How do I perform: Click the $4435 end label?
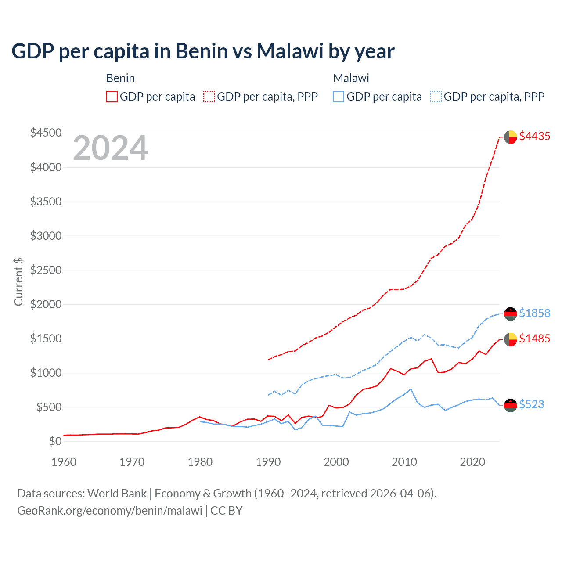click(534, 137)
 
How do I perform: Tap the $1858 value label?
click(534, 313)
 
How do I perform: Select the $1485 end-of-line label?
click(534, 339)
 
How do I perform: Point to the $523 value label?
click(531, 404)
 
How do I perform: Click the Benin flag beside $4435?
click(510, 137)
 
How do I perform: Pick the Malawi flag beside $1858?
click(510, 313)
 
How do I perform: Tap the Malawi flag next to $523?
click(510, 405)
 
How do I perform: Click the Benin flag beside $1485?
click(510, 339)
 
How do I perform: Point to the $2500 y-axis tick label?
click(46, 270)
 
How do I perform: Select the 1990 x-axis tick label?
click(268, 462)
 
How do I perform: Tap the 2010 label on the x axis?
click(404, 462)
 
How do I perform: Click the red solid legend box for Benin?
click(112, 97)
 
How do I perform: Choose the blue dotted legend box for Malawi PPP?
click(436, 97)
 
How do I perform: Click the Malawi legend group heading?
click(351, 78)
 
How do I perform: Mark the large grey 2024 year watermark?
click(111, 148)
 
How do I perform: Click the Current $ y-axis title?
click(18, 282)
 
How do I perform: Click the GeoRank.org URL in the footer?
click(109, 511)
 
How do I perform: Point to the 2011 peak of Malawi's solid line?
click(411, 389)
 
